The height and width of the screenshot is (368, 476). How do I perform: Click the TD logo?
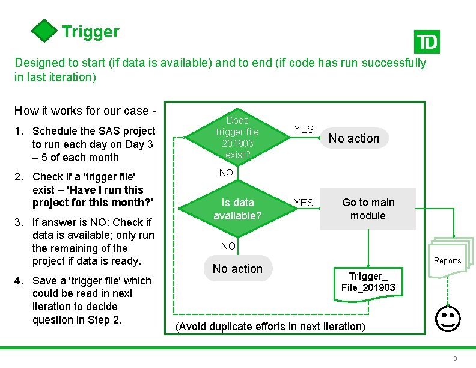(427, 42)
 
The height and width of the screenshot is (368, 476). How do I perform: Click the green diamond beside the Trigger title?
(44, 31)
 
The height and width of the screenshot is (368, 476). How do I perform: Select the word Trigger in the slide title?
(90, 32)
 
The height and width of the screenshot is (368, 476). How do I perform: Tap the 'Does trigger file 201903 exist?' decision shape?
(237, 138)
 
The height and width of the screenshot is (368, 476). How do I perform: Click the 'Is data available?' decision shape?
(237, 209)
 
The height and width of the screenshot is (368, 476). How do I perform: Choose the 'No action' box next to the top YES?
(354, 138)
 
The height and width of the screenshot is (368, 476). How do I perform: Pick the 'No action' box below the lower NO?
(237, 269)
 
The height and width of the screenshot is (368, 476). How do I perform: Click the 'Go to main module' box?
(368, 209)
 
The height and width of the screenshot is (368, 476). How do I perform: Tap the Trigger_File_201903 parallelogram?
(368, 281)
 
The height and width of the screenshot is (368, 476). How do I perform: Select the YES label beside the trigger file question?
(304, 129)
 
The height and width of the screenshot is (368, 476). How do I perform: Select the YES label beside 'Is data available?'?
(304, 203)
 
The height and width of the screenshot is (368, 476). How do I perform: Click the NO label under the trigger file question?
(226, 173)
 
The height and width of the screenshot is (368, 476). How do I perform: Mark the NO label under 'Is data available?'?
(228, 246)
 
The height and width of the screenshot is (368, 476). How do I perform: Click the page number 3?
(455, 358)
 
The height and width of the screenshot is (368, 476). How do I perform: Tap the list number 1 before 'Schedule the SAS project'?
(20, 131)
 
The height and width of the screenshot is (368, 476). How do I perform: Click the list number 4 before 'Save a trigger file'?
(20, 281)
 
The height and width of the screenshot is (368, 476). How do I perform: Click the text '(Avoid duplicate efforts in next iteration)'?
(270, 327)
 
